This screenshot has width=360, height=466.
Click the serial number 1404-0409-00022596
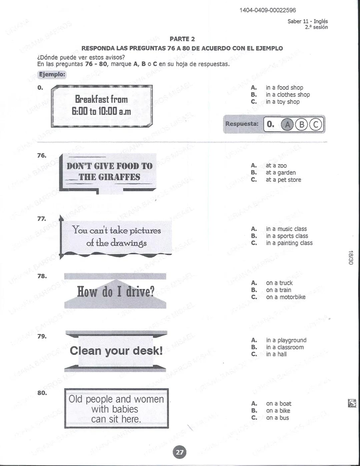[267, 10]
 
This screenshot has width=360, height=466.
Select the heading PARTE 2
[182, 39]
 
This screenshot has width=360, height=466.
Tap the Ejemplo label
[52, 74]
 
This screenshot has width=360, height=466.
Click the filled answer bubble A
[287, 125]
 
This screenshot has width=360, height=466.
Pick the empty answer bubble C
[316, 125]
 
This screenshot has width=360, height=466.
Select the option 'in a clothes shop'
[288, 95]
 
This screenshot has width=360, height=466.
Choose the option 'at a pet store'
[283, 180]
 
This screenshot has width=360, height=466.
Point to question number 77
[42, 219]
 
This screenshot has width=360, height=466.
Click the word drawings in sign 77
[128, 243]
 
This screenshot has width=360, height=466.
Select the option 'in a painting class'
[289, 243]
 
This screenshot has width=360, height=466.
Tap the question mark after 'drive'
[152, 292]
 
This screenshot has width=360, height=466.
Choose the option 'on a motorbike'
[285, 297]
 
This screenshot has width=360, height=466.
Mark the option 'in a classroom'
[285, 347]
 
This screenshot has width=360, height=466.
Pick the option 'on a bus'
[277, 418]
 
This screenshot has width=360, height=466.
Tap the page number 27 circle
[180, 452]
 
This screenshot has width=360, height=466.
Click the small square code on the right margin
[352, 403]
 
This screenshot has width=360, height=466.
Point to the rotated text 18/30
[350, 258]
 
